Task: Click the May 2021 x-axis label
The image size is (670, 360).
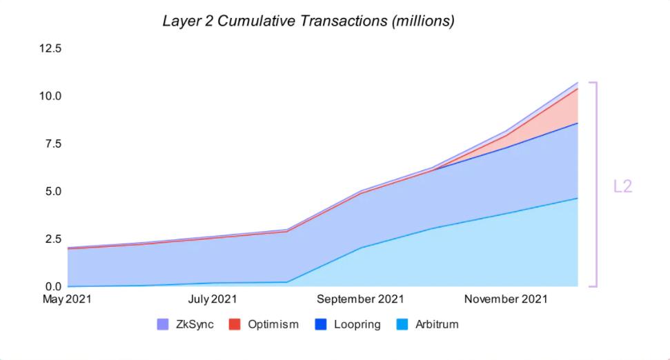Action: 67,299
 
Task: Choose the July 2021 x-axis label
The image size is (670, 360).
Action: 212,299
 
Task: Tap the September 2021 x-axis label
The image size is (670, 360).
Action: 360,299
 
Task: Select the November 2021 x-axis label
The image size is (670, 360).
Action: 506,299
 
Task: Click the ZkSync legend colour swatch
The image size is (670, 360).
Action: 163,324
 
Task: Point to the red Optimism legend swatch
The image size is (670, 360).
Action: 235,324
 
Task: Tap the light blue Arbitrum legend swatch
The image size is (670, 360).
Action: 402,324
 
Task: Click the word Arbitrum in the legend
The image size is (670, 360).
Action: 437,324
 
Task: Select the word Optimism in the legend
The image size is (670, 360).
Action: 273,324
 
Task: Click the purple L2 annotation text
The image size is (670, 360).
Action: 622,186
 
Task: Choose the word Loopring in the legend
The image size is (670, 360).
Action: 357,324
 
